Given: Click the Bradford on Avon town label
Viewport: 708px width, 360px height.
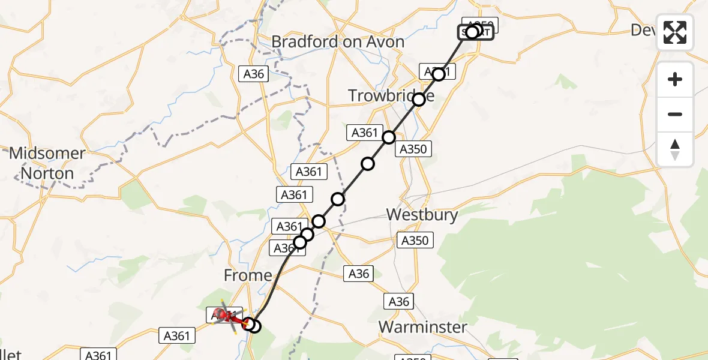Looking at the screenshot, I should (338, 42).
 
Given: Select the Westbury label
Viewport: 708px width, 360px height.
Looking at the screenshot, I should (422, 214).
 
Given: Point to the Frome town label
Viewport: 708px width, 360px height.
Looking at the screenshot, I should (247, 275).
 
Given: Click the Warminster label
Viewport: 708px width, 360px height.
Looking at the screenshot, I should (422, 327).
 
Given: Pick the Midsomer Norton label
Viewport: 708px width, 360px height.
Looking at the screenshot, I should (47, 163).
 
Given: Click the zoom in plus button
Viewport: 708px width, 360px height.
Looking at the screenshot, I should (675, 79).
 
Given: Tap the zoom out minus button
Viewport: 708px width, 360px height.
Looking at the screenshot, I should (675, 114).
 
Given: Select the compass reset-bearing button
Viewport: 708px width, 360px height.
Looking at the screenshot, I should (675, 149).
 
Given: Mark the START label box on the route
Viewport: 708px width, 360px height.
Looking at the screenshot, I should (476, 32).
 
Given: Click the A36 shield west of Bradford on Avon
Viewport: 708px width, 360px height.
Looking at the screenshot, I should (253, 74).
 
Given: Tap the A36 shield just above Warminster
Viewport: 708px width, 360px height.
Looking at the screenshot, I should (398, 301).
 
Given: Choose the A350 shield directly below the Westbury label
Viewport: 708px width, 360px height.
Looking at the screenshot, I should (415, 241).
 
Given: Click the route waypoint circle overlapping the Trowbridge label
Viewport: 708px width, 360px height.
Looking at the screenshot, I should (419, 100).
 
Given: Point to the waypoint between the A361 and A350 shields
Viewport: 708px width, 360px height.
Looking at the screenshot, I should (389, 137).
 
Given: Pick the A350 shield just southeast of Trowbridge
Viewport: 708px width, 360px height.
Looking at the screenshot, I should (413, 149).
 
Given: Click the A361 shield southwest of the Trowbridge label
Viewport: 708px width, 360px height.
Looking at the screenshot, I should (364, 133).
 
